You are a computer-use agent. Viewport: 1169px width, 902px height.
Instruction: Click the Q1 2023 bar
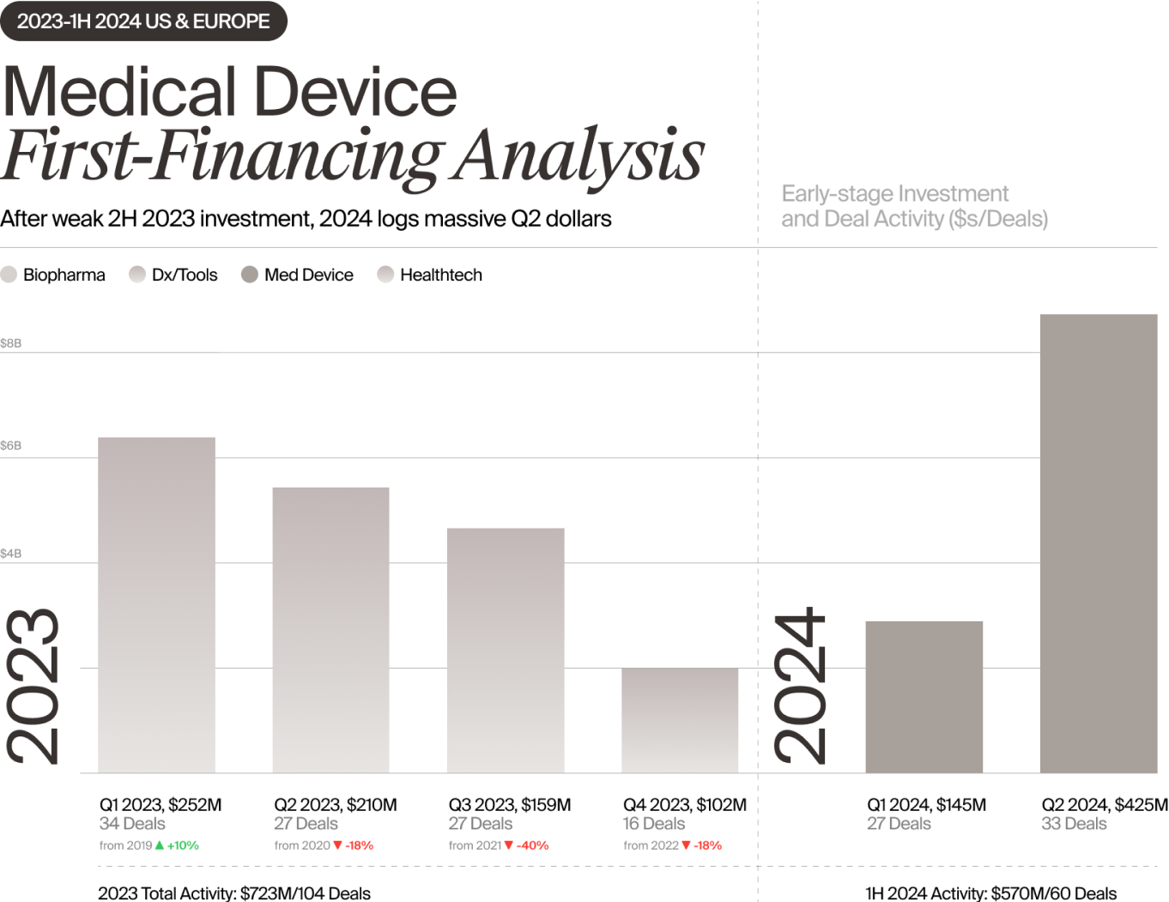(156, 605)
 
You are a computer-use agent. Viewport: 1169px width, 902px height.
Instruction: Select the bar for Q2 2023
(330, 630)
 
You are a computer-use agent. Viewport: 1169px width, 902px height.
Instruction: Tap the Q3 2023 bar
(506, 651)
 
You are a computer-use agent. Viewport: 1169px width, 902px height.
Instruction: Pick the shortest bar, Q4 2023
(680, 720)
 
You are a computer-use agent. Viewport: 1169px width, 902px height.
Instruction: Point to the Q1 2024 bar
(924, 697)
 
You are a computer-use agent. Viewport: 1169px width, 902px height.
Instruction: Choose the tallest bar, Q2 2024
(1099, 543)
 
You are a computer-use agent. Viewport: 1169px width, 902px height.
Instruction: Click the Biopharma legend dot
(9, 275)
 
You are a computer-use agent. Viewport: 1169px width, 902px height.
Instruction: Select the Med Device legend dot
(250, 275)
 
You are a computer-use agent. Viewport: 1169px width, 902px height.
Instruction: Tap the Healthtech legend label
(441, 275)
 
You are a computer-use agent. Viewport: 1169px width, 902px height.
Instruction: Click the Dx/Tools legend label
(185, 275)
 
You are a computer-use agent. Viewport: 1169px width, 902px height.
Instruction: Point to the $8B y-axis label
(11, 343)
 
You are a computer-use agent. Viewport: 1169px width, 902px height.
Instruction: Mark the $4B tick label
(11, 554)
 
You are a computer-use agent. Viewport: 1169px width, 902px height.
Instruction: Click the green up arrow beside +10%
(160, 845)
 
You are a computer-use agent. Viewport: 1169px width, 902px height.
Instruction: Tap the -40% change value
(533, 845)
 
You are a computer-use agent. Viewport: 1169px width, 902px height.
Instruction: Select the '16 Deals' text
(654, 824)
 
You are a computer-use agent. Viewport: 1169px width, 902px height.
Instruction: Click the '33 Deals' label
(1074, 824)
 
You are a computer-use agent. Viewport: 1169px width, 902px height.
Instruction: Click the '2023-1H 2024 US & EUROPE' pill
(143, 21)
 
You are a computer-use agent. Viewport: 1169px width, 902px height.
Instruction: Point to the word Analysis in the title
(580, 156)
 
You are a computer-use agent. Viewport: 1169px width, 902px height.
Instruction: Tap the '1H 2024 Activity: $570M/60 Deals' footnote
(991, 893)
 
